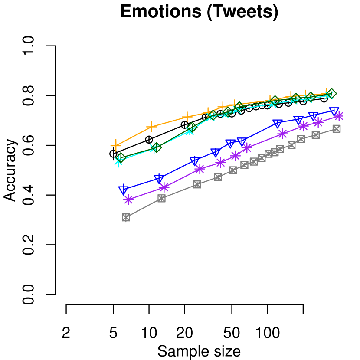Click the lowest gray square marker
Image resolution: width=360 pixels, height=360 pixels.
coord(126,217)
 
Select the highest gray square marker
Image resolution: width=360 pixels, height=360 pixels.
coord(337,129)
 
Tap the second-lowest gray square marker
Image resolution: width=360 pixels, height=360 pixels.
coord(162,198)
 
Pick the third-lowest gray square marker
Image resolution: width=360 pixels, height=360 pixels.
coord(197,184)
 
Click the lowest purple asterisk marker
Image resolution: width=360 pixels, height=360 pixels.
coord(128,200)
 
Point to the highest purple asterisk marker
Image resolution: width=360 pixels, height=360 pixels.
coord(339,116)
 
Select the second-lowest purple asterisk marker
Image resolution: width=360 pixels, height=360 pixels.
coord(164,187)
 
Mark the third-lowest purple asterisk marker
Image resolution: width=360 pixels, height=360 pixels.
coord(200,169)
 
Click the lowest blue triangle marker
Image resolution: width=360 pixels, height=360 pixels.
coord(124,190)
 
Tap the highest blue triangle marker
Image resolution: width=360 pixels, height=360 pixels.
coord(334,111)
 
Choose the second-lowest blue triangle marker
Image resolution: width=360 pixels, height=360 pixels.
coord(159,178)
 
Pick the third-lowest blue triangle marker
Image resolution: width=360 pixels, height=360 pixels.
coord(195,161)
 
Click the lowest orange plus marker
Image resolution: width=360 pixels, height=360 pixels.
coord(116,145)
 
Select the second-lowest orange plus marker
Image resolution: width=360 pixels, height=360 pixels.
coord(151,126)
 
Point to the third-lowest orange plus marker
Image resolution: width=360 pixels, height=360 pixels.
coord(187,117)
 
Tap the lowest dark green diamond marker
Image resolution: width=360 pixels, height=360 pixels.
coord(121,157)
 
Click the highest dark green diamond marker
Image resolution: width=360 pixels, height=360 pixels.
coord(331,93)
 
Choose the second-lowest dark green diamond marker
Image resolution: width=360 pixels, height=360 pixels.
coord(157,148)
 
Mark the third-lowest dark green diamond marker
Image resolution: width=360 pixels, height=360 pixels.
coord(192,127)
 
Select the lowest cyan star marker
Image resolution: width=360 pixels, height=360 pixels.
coord(118,161)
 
